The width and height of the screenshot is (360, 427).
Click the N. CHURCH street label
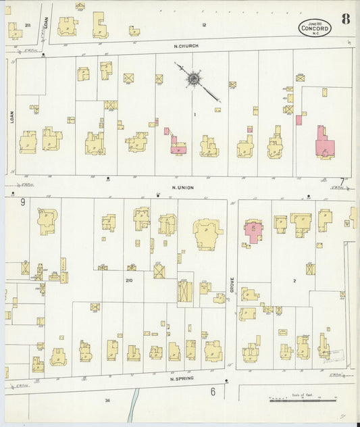pos(185,46)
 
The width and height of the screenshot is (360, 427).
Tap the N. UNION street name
pos(183,187)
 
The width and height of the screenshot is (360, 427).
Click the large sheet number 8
pos(345,18)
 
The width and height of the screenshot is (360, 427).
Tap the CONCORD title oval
pos(315,28)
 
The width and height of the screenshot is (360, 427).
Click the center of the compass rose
pos(193,79)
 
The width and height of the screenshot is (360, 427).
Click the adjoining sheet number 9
pos(22,201)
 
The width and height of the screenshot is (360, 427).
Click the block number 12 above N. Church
pos(203,25)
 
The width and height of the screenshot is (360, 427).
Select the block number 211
pos(27,25)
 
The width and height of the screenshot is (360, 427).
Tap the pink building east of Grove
pos(254,230)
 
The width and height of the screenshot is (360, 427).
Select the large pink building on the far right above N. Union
pos(324,143)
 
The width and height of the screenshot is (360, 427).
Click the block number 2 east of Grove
pos(294,280)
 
